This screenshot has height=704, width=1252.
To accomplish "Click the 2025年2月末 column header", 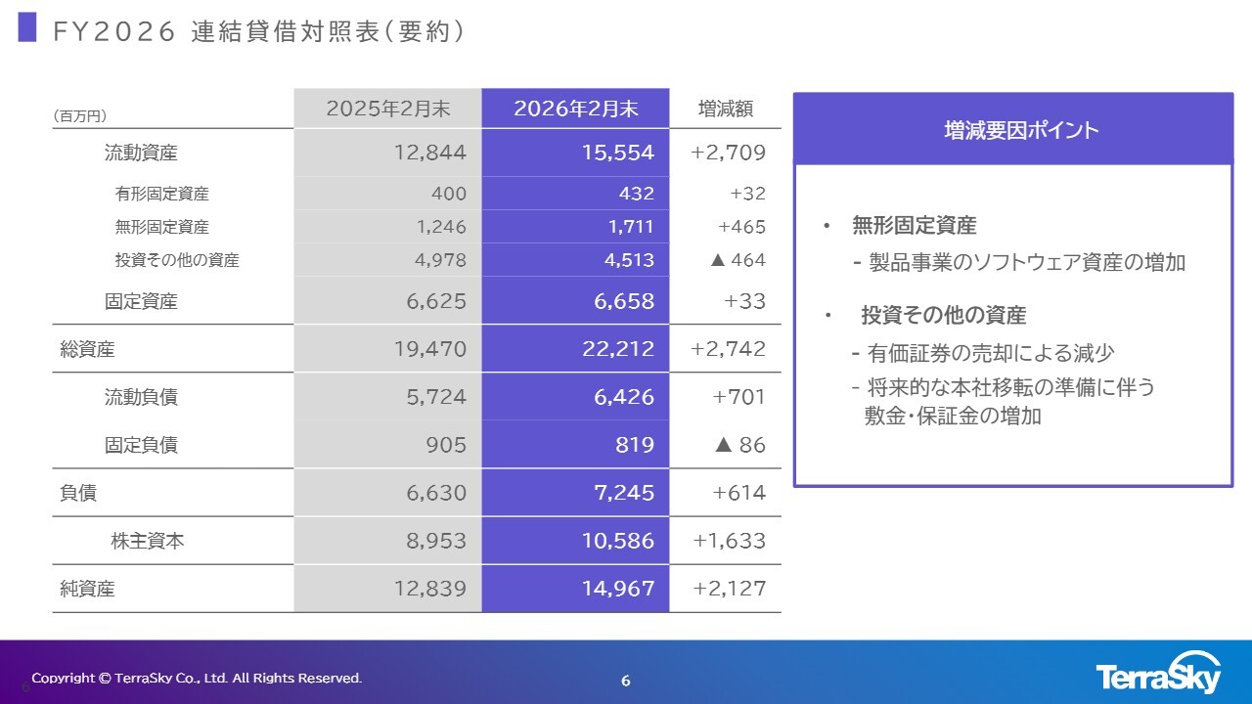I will [388, 109].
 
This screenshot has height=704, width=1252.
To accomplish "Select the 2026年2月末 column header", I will [575, 109].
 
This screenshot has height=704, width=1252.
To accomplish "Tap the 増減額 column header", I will [725, 109].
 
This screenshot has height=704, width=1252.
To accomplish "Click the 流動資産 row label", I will [141, 153].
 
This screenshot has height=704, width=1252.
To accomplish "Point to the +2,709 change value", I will [728, 153].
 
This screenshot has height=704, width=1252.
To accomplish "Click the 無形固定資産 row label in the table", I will [161, 227].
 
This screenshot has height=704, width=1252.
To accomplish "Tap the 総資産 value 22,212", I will [618, 348].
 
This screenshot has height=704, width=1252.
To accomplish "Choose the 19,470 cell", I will [430, 348].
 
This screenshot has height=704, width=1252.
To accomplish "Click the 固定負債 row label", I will [141, 445].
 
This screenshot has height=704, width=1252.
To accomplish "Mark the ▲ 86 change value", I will [739, 445].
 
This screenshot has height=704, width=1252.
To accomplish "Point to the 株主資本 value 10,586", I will [613, 541].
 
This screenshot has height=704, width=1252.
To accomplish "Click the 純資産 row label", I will [87, 589].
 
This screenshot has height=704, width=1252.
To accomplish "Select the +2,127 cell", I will [729, 589].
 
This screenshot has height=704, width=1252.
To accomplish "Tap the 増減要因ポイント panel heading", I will [1012, 130].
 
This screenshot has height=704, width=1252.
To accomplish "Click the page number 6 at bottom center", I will [626, 681].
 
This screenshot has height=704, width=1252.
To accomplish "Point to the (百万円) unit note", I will [79, 115].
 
